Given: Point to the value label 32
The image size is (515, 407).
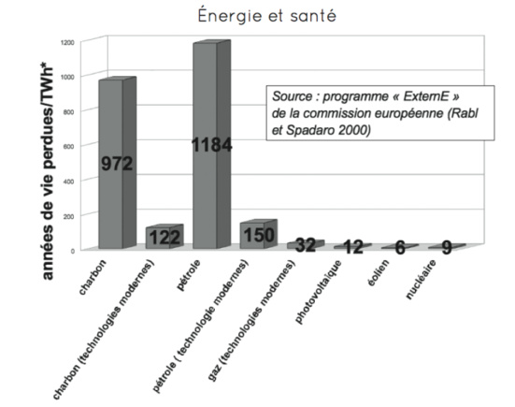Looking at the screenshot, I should coord(305,245).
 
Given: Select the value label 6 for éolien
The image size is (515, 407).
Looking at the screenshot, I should coord(400,248).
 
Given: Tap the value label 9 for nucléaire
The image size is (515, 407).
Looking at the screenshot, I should coord(447,248).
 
